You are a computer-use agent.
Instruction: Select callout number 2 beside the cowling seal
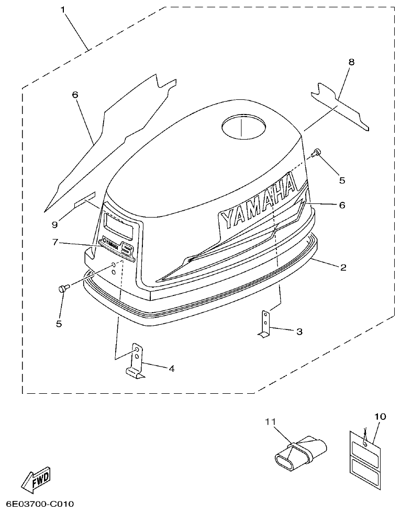(x=343, y=267)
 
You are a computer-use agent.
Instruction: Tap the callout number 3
(x=299, y=331)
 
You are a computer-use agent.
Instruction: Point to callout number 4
(x=171, y=368)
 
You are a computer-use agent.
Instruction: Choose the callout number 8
(x=351, y=62)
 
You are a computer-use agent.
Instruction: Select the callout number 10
(x=380, y=416)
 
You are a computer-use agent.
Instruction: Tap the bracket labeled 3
(x=266, y=324)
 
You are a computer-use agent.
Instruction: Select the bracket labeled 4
(x=136, y=361)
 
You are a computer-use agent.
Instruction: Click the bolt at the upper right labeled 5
(x=316, y=153)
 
